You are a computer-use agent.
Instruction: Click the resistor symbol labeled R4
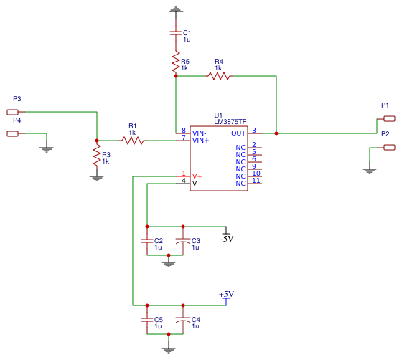point(218,75)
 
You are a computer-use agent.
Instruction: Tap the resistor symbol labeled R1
point(132,141)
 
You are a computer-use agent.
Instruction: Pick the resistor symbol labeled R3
point(96,157)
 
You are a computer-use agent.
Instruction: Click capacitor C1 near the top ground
point(175,33)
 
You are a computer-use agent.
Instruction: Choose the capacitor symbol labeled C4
point(183,321)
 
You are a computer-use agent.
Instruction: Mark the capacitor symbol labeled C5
point(146,321)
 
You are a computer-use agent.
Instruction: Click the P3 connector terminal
point(12,112)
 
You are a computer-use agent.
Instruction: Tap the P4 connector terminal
point(12,133)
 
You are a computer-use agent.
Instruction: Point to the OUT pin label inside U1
point(238,133)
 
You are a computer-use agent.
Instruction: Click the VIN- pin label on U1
point(200,133)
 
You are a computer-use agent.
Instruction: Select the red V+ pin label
point(197,176)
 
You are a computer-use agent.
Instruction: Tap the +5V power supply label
point(226,295)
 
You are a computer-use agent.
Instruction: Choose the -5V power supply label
point(227,238)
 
